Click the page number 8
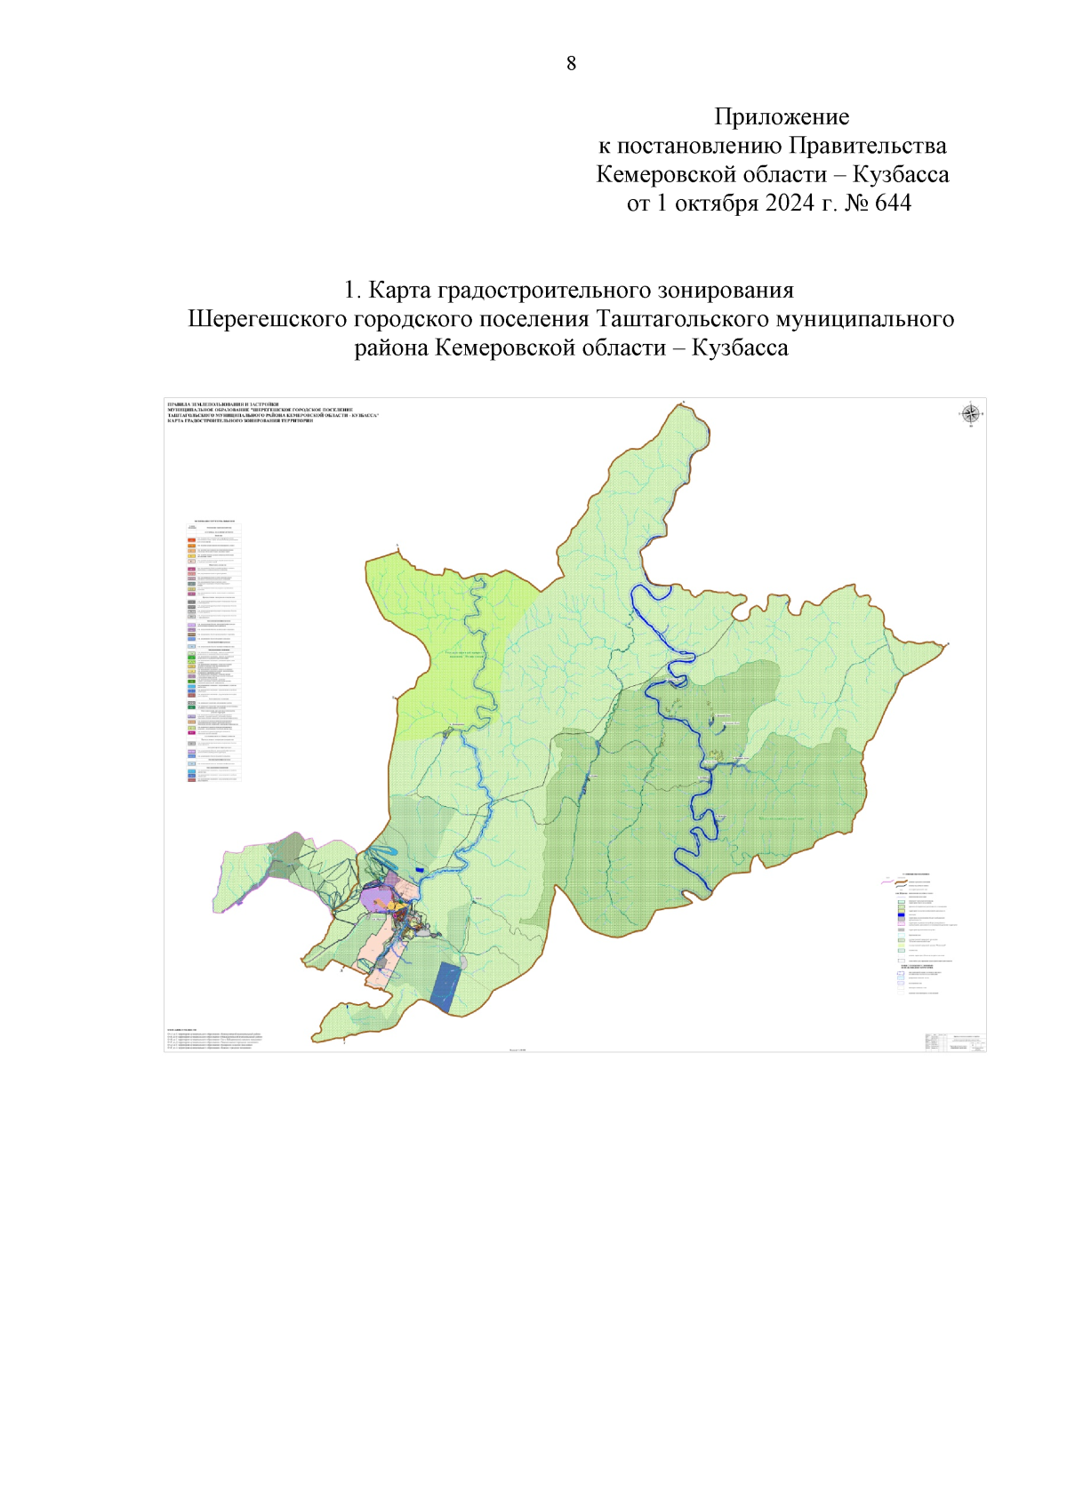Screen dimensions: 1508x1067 (x=571, y=63)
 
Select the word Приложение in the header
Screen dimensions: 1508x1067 (x=782, y=116)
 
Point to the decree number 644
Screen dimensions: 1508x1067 (x=893, y=203)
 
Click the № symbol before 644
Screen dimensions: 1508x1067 (x=856, y=203)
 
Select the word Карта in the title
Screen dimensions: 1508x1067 (x=398, y=291)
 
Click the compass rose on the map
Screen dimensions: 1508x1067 (x=971, y=413)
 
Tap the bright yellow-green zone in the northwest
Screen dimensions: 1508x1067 (x=445, y=649)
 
